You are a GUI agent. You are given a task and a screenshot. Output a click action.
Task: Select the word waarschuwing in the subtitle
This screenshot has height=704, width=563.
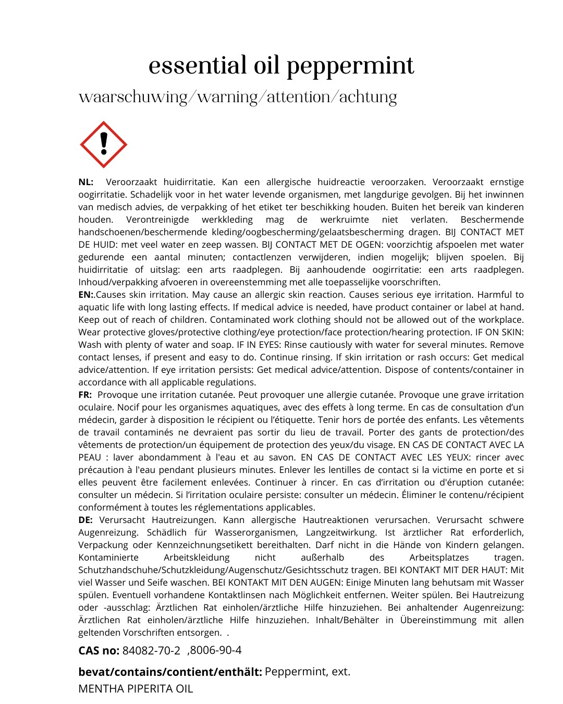[x=133, y=98]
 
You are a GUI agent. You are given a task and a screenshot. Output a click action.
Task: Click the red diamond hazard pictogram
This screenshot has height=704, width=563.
[x=104, y=144]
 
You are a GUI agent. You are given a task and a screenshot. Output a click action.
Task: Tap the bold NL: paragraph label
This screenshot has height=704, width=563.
[x=86, y=182]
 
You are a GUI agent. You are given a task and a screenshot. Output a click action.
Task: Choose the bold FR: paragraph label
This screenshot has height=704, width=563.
[x=85, y=395]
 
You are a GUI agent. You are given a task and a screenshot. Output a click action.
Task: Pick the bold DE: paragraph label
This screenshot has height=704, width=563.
[x=85, y=520]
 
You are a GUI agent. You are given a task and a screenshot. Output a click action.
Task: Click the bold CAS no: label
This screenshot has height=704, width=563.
[x=99, y=650]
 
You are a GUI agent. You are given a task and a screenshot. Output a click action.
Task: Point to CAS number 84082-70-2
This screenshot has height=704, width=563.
[x=151, y=650]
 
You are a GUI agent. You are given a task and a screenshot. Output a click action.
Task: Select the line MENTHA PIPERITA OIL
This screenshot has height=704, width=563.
[x=136, y=689]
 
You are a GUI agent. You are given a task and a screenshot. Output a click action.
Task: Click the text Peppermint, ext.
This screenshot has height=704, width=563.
[x=308, y=671]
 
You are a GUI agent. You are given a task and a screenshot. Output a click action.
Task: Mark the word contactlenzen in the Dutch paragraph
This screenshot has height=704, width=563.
[x=262, y=257]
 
